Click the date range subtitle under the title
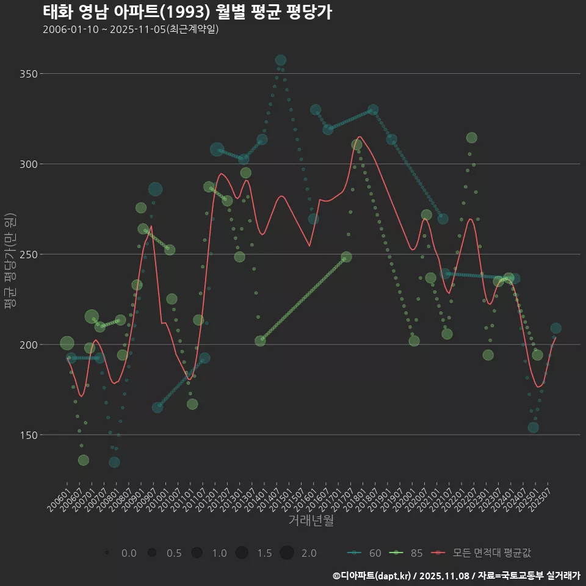click(x=131, y=29)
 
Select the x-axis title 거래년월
click(x=311, y=521)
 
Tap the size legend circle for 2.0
click(x=288, y=553)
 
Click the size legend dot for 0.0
click(x=107, y=553)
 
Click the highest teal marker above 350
click(x=280, y=60)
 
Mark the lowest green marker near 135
click(x=84, y=460)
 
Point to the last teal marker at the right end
click(x=555, y=328)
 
